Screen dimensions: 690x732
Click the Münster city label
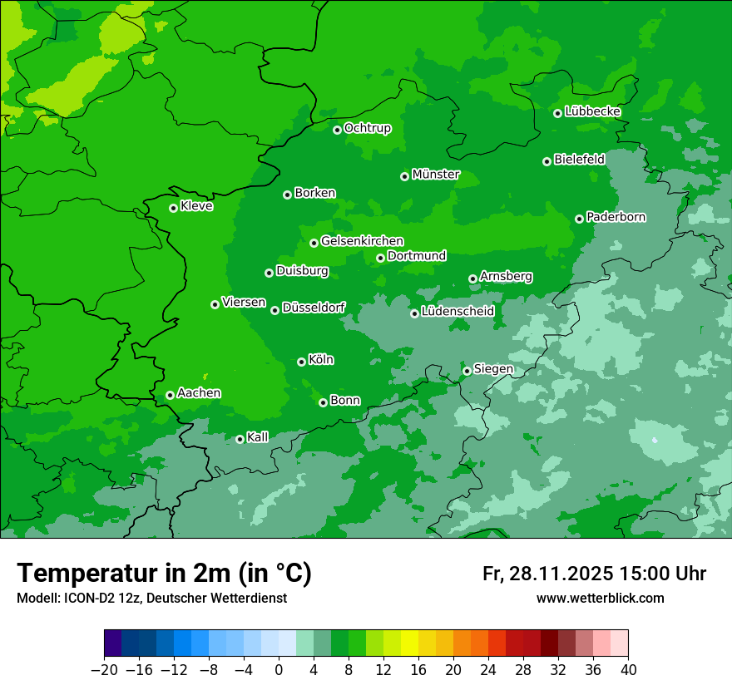tap(435, 175)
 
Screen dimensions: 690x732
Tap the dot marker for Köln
tap(301, 362)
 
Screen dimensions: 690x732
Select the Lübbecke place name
tap(592, 111)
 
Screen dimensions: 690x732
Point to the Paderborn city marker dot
tap(579, 219)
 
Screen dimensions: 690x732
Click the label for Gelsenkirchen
tap(362, 241)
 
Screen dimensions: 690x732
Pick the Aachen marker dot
tap(170, 395)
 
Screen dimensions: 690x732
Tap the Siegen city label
tap(493, 369)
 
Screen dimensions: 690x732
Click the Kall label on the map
tap(258, 437)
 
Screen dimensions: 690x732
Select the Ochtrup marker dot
tap(337, 130)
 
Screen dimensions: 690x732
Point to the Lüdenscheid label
tap(457, 312)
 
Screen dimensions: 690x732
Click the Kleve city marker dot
tap(173, 208)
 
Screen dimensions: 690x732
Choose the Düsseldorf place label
tap(314, 308)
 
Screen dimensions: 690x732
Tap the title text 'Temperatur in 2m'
tap(125, 574)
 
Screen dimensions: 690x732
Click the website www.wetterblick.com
tap(600, 599)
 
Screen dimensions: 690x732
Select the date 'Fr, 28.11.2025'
tap(548, 574)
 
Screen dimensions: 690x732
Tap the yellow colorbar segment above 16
tap(410, 643)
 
